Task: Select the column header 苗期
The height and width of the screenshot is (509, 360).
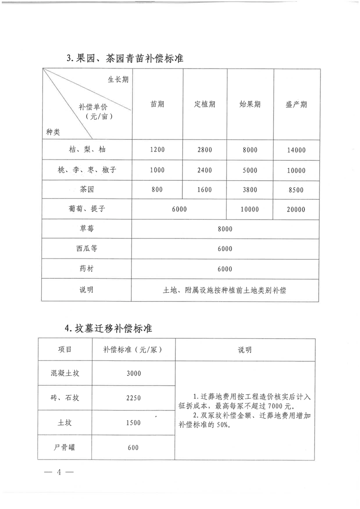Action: coord(158,104)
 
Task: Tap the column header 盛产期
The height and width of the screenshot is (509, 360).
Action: coord(296,104)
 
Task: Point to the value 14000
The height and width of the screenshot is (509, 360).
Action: coord(296,150)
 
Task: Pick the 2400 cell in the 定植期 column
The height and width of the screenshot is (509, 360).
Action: coord(205,171)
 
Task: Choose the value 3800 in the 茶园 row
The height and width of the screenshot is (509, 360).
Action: coord(250,190)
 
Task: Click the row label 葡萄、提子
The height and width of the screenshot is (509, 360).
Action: coord(87,209)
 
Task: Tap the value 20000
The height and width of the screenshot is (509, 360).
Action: coord(296,210)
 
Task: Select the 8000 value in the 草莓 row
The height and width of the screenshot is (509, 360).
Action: coord(225,229)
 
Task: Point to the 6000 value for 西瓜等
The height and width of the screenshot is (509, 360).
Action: coord(225,249)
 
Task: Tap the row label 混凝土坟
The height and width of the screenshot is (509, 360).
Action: coord(65,374)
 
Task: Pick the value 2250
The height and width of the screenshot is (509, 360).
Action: coord(133,398)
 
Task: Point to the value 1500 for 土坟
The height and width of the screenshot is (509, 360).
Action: coord(133,423)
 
